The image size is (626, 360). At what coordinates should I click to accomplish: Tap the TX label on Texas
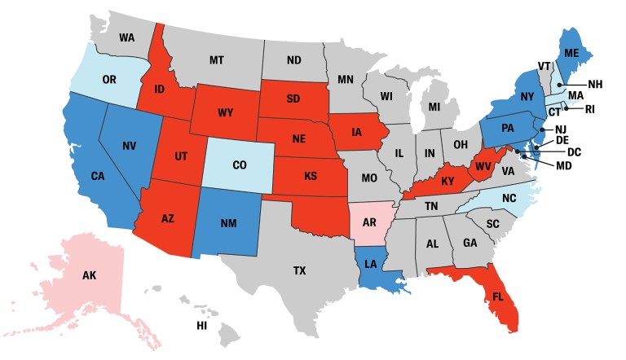pyautogui.click(x=299, y=270)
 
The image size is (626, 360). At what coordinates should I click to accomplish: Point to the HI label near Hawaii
pyautogui.click(x=201, y=326)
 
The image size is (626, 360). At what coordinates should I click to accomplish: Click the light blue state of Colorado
pyautogui.click(x=239, y=165)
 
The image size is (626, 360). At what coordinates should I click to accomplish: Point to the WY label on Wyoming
pyautogui.click(x=226, y=112)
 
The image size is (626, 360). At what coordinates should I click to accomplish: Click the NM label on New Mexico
pyautogui.click(x=228, y=223)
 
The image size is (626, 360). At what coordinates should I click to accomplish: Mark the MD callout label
pyautogui.click(x=563, y=169)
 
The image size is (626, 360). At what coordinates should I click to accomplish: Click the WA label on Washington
pyautogui.click(x=127, y=37)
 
